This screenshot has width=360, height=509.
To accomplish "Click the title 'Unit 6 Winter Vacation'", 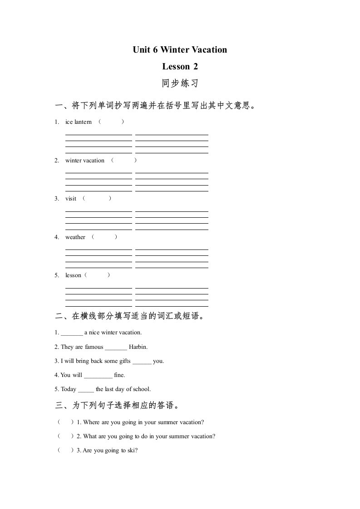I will [180, 50].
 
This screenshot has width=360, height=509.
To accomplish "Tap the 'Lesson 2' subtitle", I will [180, 67].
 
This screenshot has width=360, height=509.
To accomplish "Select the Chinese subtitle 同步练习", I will [180, 84].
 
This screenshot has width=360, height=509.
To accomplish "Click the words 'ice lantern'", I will [79, 122].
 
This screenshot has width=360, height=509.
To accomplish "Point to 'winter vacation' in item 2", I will [85, 161].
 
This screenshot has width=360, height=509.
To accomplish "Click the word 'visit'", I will [71, 199].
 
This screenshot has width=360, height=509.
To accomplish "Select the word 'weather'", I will [75, 237].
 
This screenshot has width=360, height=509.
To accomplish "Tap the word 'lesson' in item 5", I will [73, 275].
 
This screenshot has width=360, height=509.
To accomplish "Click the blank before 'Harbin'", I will [116, 347].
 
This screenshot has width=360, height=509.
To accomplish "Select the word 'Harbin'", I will [138, 347].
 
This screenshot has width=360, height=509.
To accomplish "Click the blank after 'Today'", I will [86, 390].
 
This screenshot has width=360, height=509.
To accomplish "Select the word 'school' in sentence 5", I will [141, 389].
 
